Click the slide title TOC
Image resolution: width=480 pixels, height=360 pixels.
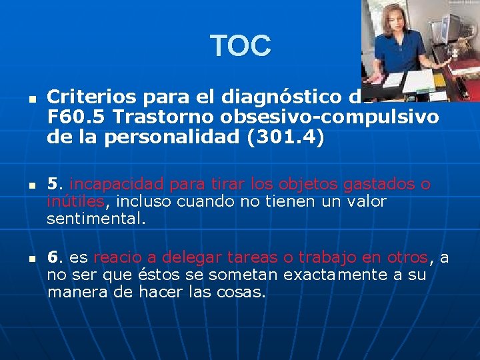241,46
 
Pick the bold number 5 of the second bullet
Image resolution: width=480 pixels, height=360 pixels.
53,183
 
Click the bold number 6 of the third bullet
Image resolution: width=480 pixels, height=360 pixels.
53,257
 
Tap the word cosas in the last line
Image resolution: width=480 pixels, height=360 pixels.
243,292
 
